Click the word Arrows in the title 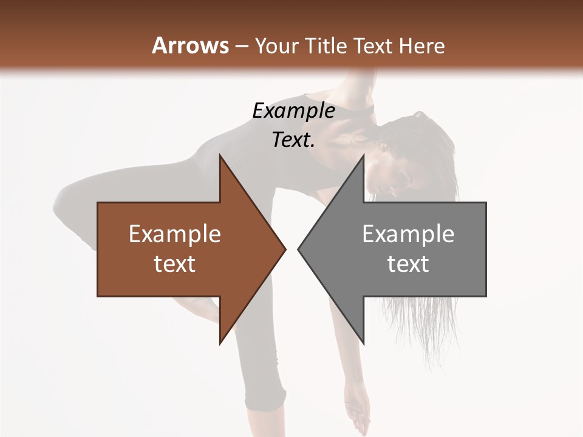(191, 46)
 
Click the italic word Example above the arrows (293, 110)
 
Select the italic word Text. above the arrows (293, 140)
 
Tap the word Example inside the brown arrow (175, 234)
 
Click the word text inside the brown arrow (175, 263)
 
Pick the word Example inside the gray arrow (408, 234)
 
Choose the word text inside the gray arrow (408, 263)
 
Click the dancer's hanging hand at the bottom (358, 413)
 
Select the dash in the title (242, 47)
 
